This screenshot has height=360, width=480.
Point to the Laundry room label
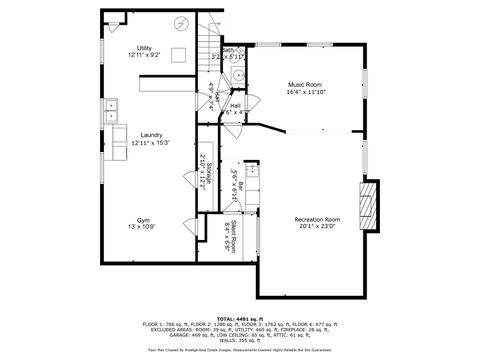(152, 135)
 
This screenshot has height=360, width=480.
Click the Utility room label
(145, 48)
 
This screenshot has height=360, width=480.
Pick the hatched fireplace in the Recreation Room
(370, 205)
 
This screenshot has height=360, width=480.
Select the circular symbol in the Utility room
(181, 23)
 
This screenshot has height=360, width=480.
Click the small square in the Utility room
(180, 56)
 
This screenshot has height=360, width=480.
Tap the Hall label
(236, 105)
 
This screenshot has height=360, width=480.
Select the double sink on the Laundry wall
(113, 109)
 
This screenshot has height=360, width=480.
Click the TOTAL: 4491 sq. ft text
(240, 317)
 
